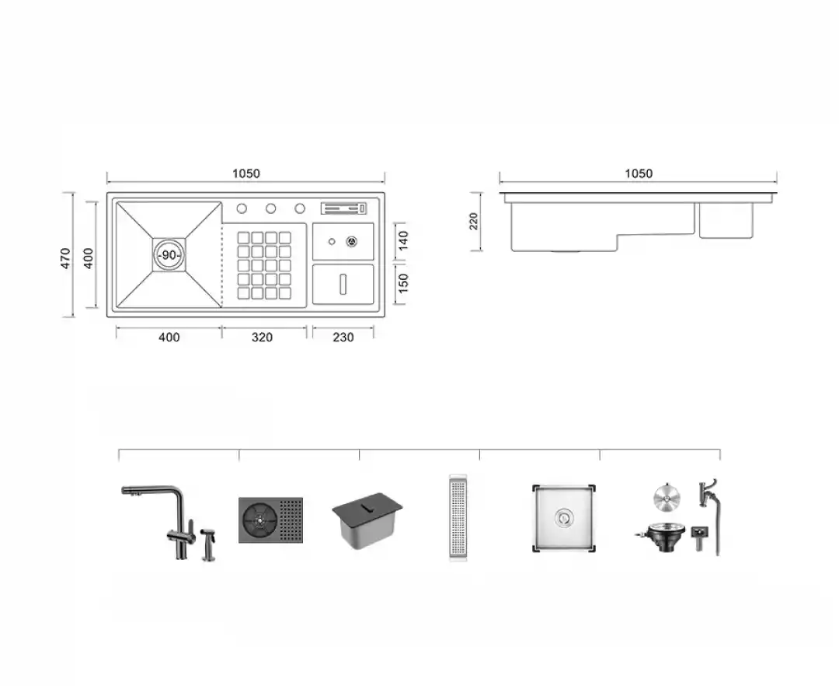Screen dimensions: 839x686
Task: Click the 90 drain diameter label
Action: coord(169,255)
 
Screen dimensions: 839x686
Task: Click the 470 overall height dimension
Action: coord(65,258)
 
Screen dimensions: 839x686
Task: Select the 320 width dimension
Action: coord(263,338)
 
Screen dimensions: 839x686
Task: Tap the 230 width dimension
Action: coord(343,338)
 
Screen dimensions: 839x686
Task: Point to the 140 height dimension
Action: coord(403,240)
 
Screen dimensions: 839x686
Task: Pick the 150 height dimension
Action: coord(403,283)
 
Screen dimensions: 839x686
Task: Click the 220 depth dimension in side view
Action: coord(474,221)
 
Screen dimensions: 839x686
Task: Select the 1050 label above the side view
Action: coord(639,173)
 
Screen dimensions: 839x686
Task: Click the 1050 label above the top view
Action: coord(246,173)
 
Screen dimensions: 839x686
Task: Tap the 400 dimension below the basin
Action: coord(169,338)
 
